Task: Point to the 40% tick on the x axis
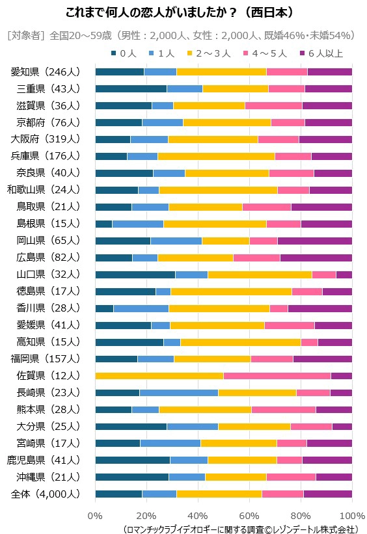(198, 515)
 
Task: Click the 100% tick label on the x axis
(351, 515)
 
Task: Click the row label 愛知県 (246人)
(46, 72)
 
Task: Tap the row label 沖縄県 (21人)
(46, 477)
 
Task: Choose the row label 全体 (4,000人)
(46, 494)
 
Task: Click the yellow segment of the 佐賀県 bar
(159, 375)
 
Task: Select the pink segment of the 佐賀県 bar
(277, 375)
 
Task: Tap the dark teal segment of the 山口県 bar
(135, 274)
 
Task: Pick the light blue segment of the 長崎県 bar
(178, 392)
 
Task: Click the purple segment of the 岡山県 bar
(314, 241)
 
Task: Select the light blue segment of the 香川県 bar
(141, 308)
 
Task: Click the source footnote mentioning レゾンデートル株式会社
(240, 527)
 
